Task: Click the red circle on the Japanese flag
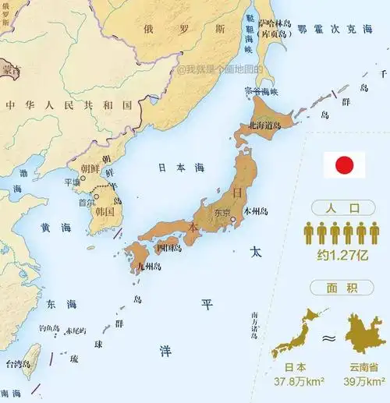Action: [x=344, y=164]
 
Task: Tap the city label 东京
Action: [x=222, y=213]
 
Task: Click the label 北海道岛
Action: [x=265, y=125]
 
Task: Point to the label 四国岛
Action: [x=169, y=249]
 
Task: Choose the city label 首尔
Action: [x=87, y=202]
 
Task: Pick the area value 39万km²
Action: [x=364, y=382]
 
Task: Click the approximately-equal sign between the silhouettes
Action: [x=329, y=338]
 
